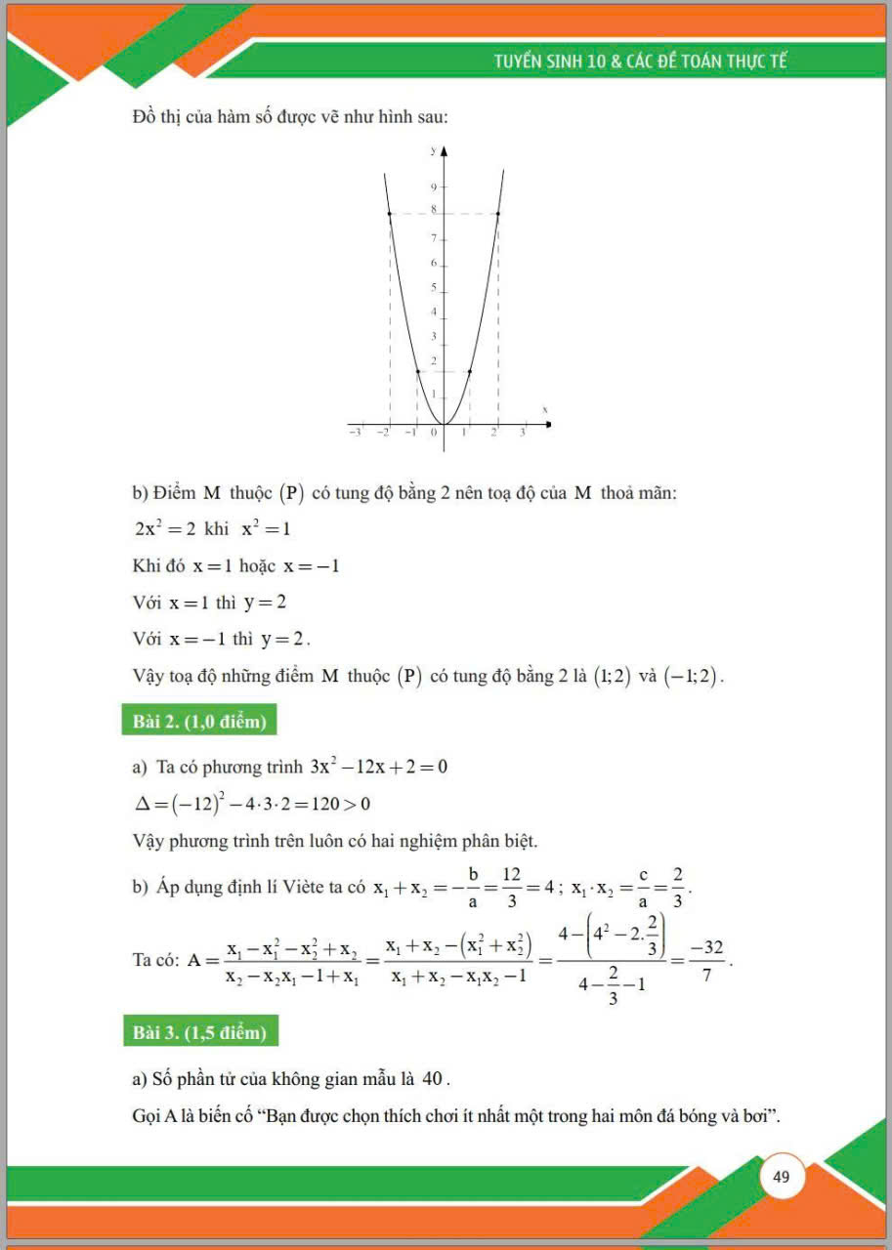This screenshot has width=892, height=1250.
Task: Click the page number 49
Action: tap(781, 1177)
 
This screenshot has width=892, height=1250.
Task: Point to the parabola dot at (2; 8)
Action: tap(498, 214)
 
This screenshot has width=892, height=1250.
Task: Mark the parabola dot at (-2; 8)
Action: tap(390, 214)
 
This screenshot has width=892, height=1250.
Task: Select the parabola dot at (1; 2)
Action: tap(470, 371)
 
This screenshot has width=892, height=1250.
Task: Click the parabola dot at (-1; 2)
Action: tap(417, 371)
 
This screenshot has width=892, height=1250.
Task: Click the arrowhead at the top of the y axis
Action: tap(444, 152)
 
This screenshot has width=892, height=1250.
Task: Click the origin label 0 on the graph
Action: tap(435, 432)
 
